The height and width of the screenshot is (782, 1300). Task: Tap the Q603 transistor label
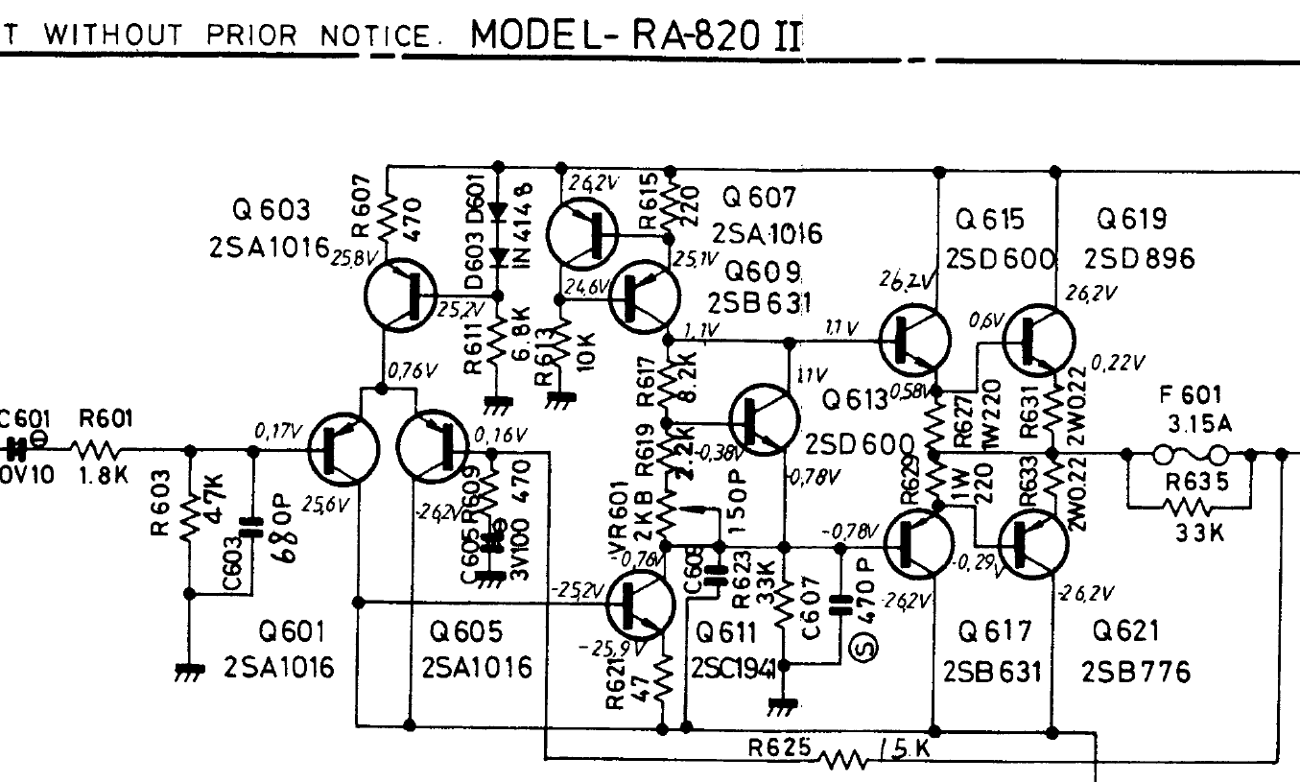pyautogui.click(x=272, y=209)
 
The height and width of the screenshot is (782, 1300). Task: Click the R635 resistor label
pyautogui.click(x=1189, y=483)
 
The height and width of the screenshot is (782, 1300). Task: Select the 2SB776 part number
pyautogui.click(x=1136, y=671)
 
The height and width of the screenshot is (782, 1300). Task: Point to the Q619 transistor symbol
pyautogui.click(x=1040, y=340)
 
